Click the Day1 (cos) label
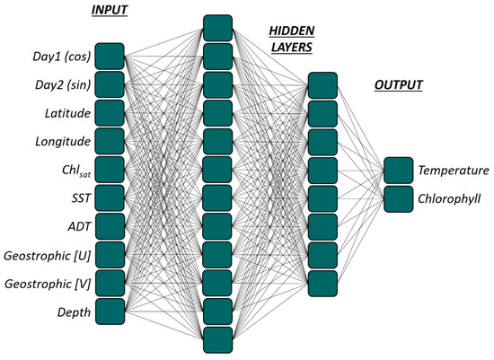(x=57, y=57)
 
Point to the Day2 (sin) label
(x=57, y=85)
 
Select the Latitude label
(x=65, y=113)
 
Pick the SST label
(x=76, y=197)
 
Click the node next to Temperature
(x=398, y=170)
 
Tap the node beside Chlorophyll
(x=398, y=198)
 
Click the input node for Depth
(x=109, y=312)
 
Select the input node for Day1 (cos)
(x=109, y=57)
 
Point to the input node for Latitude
(x=109, y=113)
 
